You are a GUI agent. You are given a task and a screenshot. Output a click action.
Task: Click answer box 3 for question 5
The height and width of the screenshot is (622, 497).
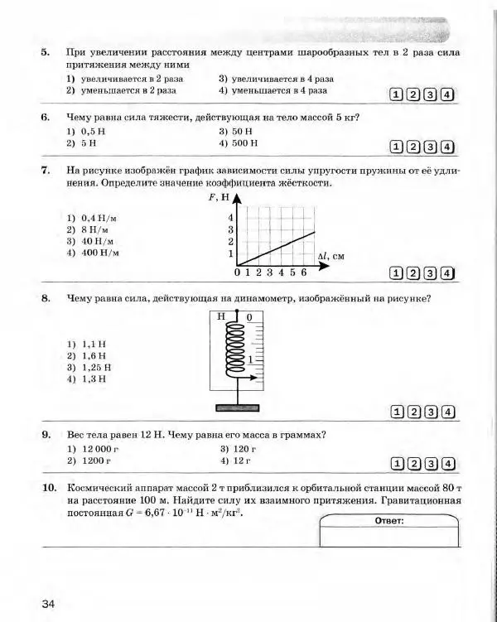coord(432,94)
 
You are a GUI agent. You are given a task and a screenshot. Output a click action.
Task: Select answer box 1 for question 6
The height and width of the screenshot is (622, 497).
coord(398,148)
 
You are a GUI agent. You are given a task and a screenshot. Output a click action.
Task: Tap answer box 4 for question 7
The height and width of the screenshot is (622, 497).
coord(448,272)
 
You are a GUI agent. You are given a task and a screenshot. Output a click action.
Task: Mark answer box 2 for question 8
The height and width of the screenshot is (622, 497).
coord(415,412)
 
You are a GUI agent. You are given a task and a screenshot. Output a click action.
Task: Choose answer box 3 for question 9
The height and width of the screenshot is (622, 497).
coord(432,464)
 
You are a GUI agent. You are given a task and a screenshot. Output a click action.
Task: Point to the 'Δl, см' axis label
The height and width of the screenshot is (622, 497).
coord(336,257)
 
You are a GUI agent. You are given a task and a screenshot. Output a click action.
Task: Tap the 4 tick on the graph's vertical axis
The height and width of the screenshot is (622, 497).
coord(230,217)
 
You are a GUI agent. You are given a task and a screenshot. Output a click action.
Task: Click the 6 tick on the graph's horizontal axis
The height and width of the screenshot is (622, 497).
coord(303,272)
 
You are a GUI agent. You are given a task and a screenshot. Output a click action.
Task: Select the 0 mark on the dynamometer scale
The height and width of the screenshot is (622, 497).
coord(249,316)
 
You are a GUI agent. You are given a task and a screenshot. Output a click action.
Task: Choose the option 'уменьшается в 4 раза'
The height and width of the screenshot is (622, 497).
coord(279,90)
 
